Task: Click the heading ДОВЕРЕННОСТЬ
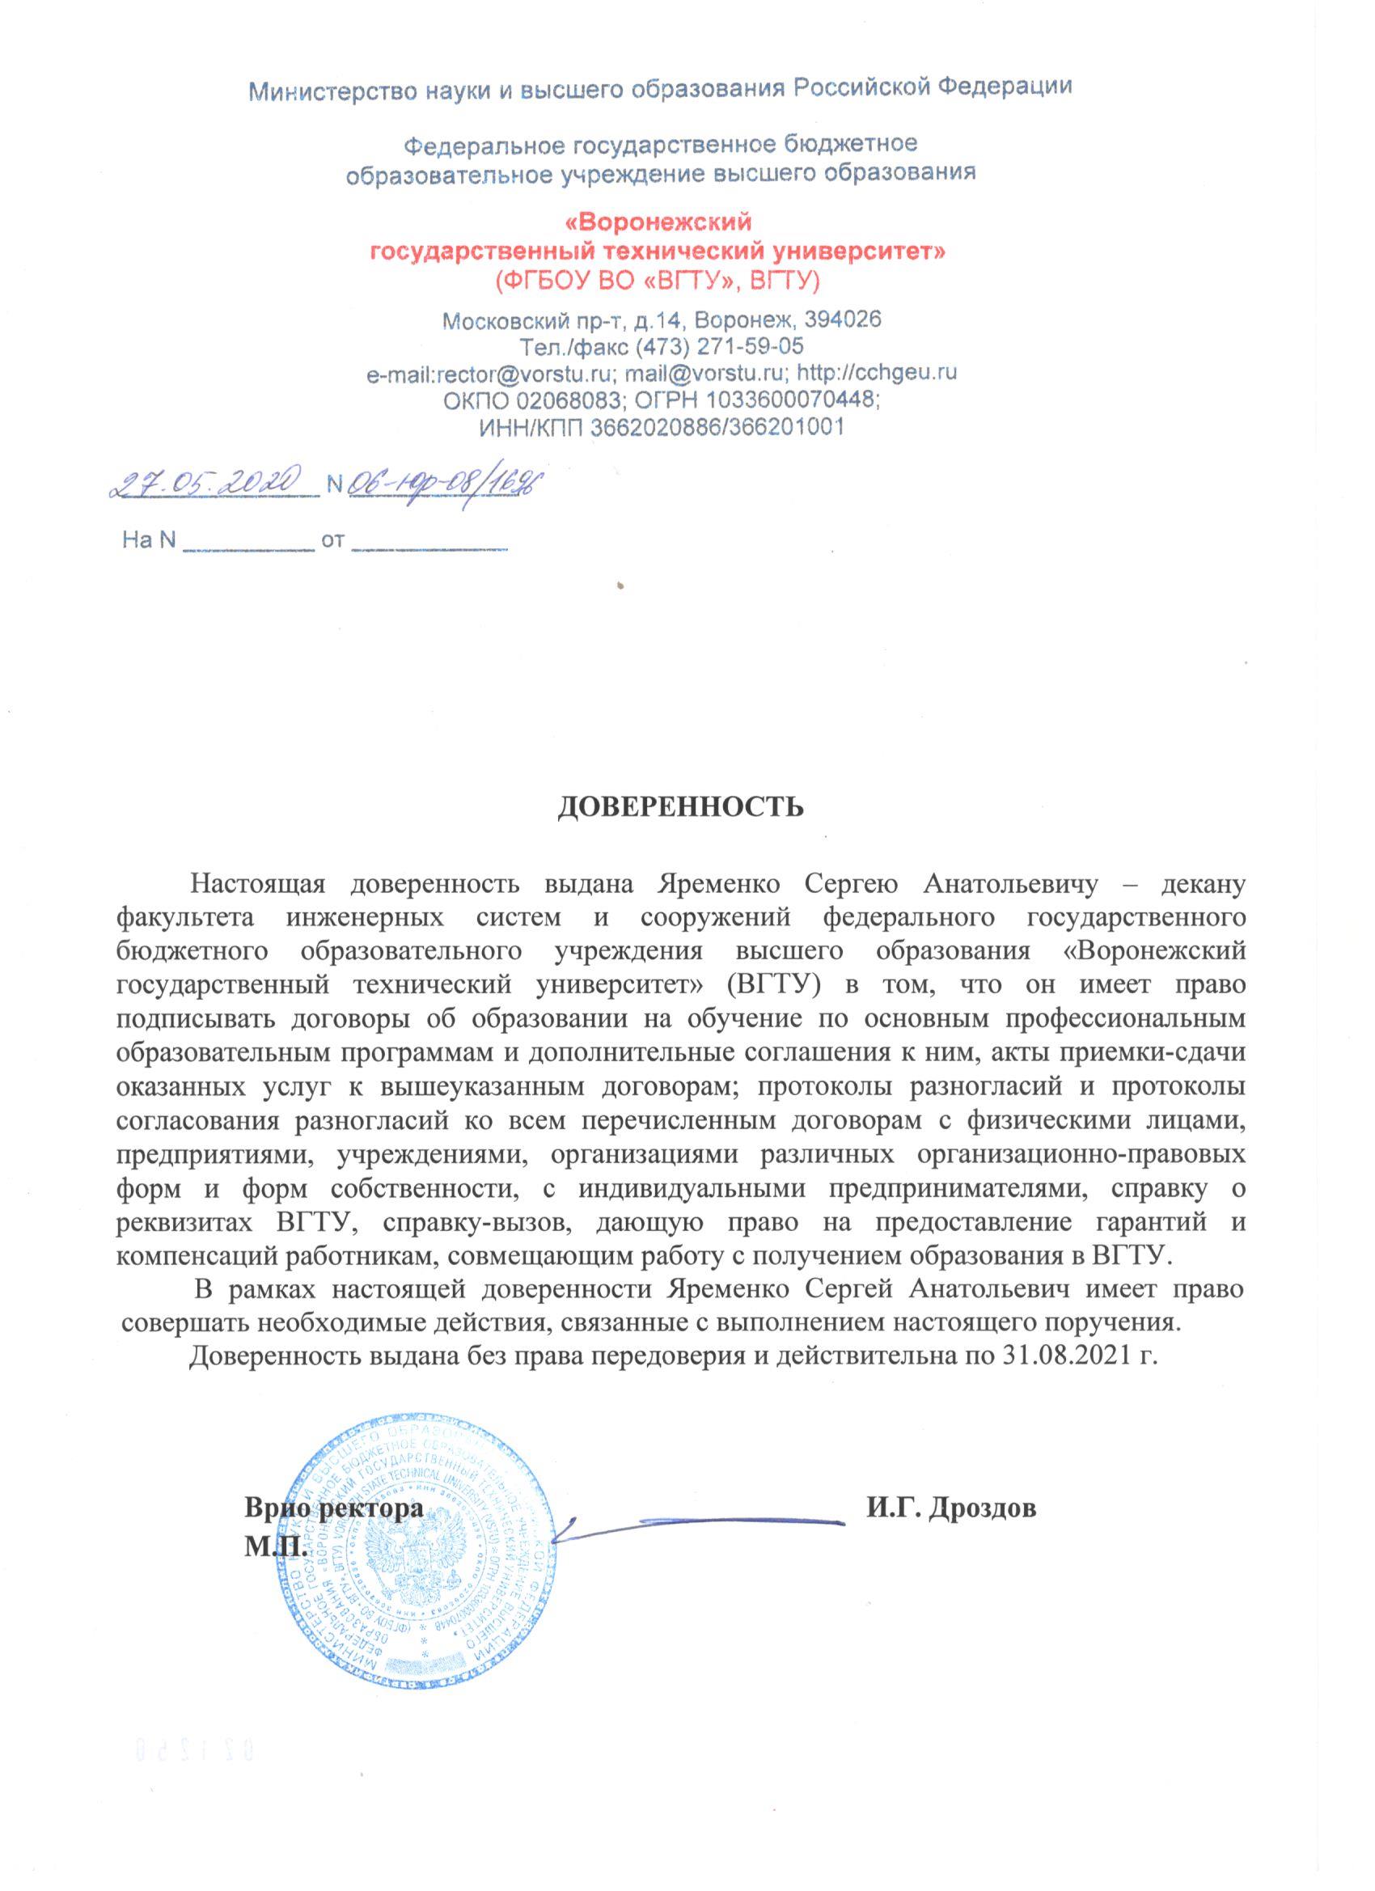tap(680, 806)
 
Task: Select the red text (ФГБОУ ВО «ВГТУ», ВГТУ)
tap(658, 280)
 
